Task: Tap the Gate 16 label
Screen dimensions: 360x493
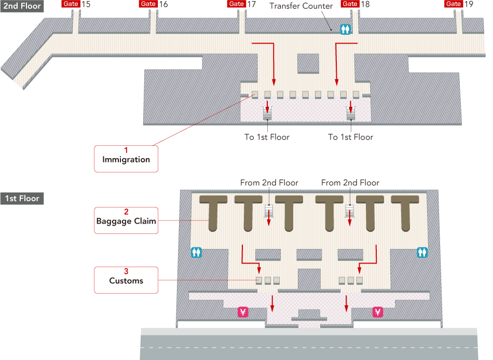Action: pyautogui.click(x=154, y=4)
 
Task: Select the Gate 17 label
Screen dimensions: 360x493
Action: pyautogui.click(x=242, y=4)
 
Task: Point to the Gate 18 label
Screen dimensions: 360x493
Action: pyautogui.click(x=355, y=4)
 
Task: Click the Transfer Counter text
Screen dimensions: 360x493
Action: pyautogui.click(x=301, y=6)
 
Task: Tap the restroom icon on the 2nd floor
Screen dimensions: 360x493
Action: pyautogui.click(x=345, y=30)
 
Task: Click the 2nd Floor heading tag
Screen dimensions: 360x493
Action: pyautogui.click(x=21, y=6)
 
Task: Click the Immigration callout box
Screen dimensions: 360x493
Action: pyautogui.click(x=126, y=158)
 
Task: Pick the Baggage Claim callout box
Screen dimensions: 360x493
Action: pyautogui.click(x=126, y=220)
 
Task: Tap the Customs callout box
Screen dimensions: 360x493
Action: pyautogui.click(x=126, y=280)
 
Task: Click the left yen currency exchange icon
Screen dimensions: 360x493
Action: pyautogui.click(x=243, y=312)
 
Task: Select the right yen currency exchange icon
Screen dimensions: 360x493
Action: pyautogui.click(x=377, y=312)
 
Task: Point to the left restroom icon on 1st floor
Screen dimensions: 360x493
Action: pyautogui.click(x=196, y=252)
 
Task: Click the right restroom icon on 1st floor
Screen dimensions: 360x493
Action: pyautogui.click(x=421, y=252)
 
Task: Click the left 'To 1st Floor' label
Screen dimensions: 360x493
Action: pyautogui.click(x=267, y=137)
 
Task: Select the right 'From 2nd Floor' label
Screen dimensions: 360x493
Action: pyautogui.click(x=350, y=183)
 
